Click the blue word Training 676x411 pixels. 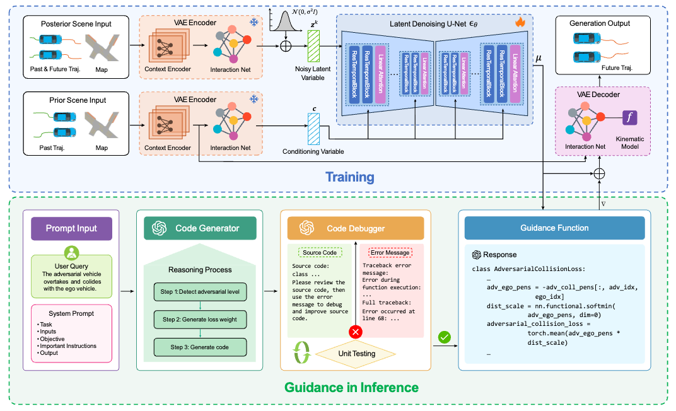[x=350, y=177]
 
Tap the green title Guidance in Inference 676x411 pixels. [x=351, y=386]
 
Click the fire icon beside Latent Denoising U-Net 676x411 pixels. [x=520, y=22]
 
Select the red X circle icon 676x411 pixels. [x=357, y=332]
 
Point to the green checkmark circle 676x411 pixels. [x=445, y=338]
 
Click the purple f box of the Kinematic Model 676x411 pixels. [x=629, y=118]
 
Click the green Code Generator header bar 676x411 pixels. [x=200, y=228]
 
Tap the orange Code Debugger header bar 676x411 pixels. [x=355, y=228]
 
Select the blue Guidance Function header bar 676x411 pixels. [x=555, y=228]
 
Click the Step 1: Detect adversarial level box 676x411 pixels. [x=200, y=292]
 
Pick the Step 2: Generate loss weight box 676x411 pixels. [x=200, y=320]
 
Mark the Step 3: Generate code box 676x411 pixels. [x=200, y=347]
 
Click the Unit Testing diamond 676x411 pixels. [x=356, y=354]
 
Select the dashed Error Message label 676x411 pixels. [x=390, y=252]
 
